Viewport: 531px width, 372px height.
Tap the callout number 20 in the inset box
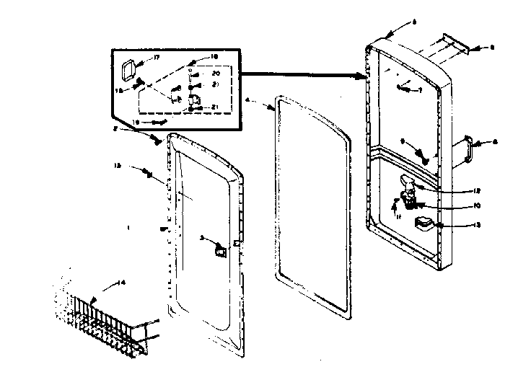(215, 74)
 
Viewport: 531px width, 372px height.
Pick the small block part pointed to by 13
(424, 224)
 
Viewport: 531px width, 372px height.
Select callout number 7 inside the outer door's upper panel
(420, 92)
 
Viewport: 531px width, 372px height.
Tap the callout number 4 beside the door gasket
(248, 100)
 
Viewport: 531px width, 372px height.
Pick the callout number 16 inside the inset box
(214, 57)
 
